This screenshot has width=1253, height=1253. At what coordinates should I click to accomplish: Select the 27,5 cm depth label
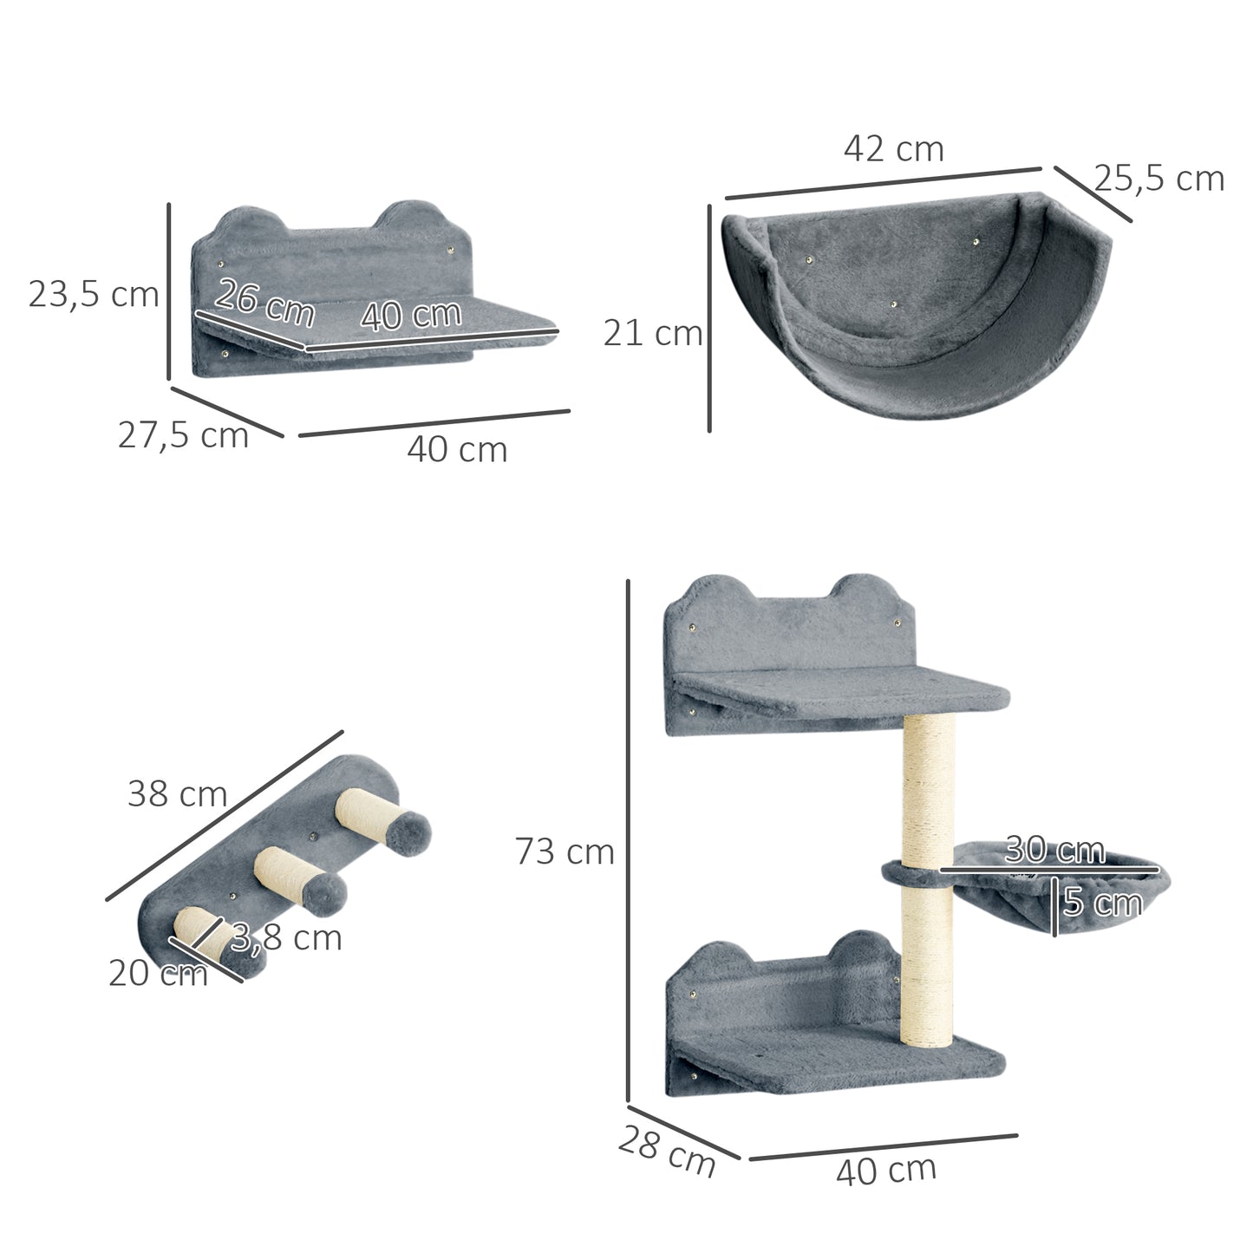pyautogui.click(x=183, y=434)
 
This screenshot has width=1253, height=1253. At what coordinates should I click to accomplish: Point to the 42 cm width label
pyautogui.click(x=893, y=148)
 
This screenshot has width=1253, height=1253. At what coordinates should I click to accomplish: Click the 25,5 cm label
pyautogui.click(x=1158, y=179)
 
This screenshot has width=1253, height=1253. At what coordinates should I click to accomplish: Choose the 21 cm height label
pyautogui.click(x=652, y=333)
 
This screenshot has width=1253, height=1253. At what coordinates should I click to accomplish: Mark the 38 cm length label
pyautogui.click(x=177, y=793)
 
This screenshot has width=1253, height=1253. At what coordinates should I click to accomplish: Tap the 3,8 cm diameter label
pyautogui.click(x=286, y=938)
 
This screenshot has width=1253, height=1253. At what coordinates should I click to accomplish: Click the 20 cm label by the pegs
pyautogui.click(x=158, y=974)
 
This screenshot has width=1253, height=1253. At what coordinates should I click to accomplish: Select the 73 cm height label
pyautogui.click(x=565, y=852)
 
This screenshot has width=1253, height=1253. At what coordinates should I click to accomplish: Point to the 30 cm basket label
pyautogui.click(x=1054, y=850)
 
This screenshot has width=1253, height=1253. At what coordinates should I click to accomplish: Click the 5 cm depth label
pyautogui.click(x=1102, y=903)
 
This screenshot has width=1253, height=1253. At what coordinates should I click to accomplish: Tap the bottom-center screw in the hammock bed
pyautogui.click(x=893, y=305)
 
